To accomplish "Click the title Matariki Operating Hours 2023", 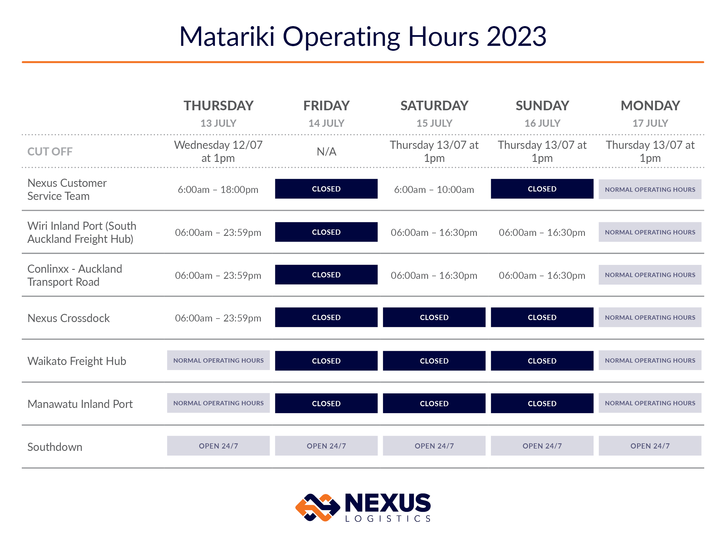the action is [363, 37].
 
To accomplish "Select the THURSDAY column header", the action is [218, 106].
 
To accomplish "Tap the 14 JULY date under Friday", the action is [326, 123].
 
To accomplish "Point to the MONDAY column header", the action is [650, 106].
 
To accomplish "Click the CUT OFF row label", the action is [50, 151].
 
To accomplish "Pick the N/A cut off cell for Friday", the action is [326, 151].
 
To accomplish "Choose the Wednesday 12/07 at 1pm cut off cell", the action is [218, 151].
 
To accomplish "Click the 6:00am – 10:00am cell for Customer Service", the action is [434, 189].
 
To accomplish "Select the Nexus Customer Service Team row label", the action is [67, 189].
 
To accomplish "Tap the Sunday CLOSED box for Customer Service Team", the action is [542, 189].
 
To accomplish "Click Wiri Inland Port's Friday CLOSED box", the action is [326, 232].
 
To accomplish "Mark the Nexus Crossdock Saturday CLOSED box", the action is [434, 317].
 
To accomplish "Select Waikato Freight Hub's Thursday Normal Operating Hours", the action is [218, 360].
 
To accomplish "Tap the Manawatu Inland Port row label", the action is [80, 404].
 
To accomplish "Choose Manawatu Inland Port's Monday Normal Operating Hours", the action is [650, 403].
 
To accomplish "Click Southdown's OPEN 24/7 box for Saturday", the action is [434, 446].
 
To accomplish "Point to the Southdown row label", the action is [55, 447].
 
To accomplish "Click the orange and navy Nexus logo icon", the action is [317, 507].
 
